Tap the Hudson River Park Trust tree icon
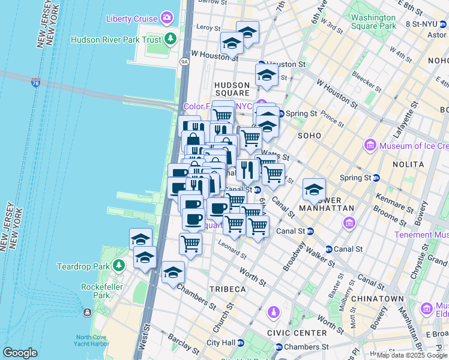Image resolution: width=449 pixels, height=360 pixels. [x=171, y=40]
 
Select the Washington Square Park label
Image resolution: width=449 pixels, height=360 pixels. [x=373, y=22]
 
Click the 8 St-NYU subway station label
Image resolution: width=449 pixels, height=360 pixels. [x=424, y=24]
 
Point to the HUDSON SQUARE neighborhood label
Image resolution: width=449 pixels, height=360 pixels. [x=232, y=89]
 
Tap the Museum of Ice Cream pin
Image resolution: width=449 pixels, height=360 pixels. [x=370, y=146]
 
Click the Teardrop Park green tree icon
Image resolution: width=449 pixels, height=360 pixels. [x=119, y=265]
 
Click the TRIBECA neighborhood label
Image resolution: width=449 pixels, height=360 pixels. [x=228, y=289]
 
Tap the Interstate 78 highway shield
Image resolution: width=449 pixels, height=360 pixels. [x=36, y=83]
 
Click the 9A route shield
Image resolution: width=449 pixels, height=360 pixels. [x=184, y=61]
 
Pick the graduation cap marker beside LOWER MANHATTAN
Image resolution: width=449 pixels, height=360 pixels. [x=313, y=190]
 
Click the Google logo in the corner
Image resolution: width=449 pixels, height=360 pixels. [x=20, y=353]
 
